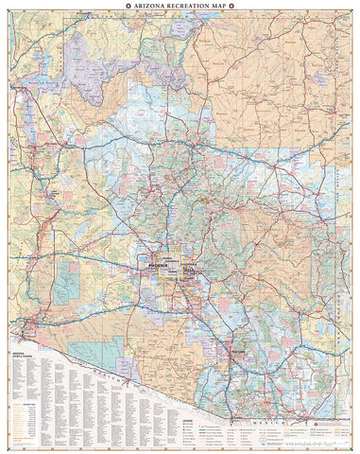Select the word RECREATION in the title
pyautogui.click(x=187, y=6)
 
